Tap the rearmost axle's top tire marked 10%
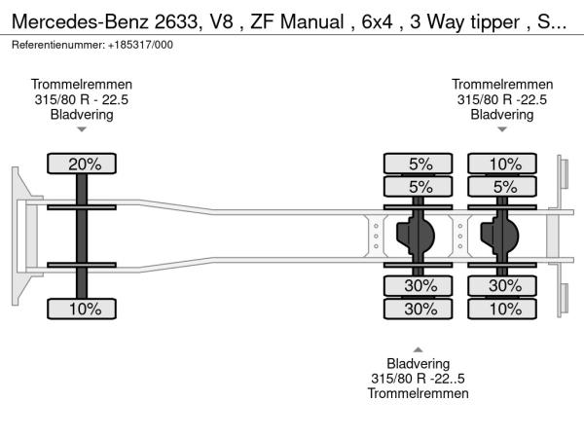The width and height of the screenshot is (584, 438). (503, 164)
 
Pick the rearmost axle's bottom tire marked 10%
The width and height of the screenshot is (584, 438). (503, 309)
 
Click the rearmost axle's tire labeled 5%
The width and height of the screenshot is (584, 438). (503, 186)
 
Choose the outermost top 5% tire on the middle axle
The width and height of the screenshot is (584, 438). (419, 164)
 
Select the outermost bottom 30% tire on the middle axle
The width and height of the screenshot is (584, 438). (419, 309)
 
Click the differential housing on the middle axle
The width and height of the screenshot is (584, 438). (418, 235)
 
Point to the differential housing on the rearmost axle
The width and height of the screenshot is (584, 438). (503, 235)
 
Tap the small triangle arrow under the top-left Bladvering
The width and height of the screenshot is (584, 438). (82, 129)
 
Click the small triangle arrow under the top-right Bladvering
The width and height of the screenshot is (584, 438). (502, 129)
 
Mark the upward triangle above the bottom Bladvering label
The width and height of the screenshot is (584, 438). (419, 348)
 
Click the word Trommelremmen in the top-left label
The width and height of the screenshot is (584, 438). (82, 85)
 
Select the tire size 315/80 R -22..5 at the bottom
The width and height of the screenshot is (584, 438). (419, 379)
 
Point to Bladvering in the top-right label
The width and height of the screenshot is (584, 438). (502, 114)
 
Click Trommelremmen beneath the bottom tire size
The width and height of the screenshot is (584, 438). (419, 393)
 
